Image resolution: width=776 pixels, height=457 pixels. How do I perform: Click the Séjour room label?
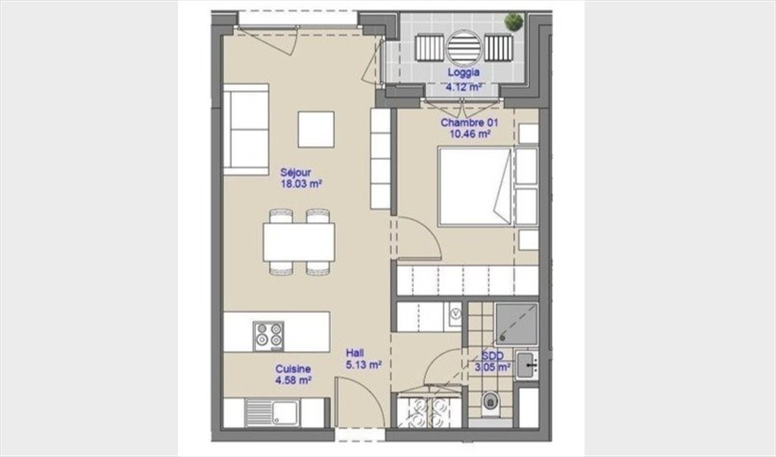coord(296,173)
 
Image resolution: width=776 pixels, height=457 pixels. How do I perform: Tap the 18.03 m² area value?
coord(302,184)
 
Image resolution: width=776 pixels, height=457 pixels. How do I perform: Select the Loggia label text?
coord(464,72)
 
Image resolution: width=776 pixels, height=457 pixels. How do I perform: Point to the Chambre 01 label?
coord(469,123)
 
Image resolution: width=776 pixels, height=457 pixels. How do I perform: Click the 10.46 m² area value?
coord(470,133)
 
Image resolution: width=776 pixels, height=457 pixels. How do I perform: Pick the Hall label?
coord(355,353)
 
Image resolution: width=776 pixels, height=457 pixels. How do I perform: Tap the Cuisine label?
coord(293,369)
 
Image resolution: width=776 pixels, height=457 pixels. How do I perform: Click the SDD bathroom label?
coord(493,356)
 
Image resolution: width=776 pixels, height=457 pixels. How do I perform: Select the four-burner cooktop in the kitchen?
coord(268,336)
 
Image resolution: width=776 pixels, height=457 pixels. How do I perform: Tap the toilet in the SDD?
coord(490,401)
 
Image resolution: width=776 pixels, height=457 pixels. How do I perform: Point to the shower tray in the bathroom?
coord(516,324)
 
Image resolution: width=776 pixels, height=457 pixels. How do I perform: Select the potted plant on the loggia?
coord(513,22)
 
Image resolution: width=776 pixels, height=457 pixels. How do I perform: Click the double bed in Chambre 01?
coord(474,186)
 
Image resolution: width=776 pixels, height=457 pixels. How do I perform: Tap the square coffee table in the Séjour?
coord(316,130)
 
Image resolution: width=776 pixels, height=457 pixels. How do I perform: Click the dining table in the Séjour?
coord(299,242)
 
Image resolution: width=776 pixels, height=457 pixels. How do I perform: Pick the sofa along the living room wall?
coord(246,130)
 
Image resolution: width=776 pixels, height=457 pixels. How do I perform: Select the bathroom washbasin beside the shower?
coord(527,365)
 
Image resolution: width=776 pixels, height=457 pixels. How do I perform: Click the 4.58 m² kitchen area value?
coord(293,380)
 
